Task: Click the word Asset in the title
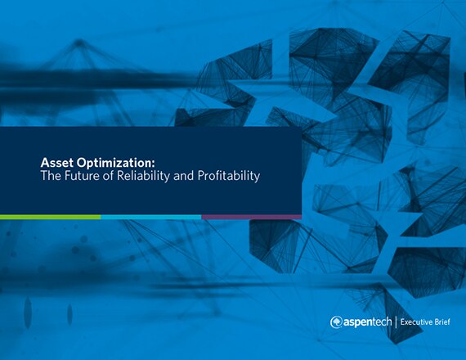(x=56, y=163)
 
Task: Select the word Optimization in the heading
(x=114, y=164)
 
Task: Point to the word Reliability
(x=143, y=176)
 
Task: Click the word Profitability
(x=229, y=176)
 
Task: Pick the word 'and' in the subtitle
(x=183, y=176)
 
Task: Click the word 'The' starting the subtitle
(x=51, y=176)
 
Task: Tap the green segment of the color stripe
(x=50, y=217)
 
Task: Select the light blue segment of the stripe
(x=151, y=217)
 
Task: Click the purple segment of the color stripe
(x=252, y=217)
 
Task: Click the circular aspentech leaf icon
(x=336, y=322)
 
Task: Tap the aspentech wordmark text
(x=368, y=322)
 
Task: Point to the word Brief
(x=441, y=322)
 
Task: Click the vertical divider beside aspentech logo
(x=397, y=322)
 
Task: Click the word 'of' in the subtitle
(x=108, y=176)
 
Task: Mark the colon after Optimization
(x=154, y=164)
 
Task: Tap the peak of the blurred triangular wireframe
(x=79, y=42)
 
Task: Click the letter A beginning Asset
(x=45, y=163)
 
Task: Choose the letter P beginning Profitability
(x=201, y=176)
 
